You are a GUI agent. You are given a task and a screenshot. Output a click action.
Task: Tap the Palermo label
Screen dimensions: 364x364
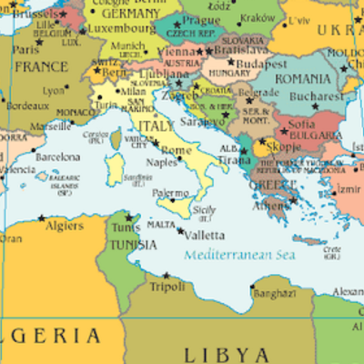[170, 193]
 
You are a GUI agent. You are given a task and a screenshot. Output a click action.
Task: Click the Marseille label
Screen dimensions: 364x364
[50, 126]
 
